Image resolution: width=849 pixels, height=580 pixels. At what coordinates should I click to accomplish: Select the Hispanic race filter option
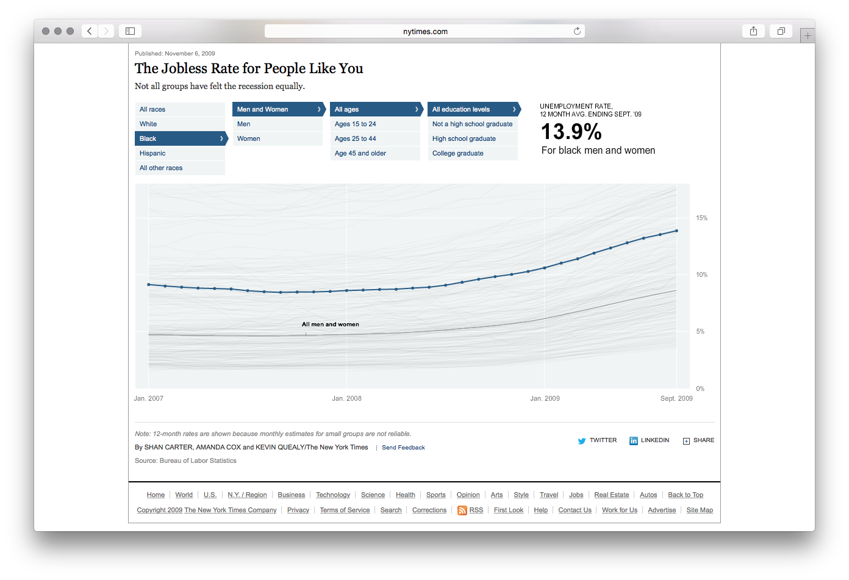(x=152, y=153)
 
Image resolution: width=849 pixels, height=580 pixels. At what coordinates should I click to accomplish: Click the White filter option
(x=148, y=124)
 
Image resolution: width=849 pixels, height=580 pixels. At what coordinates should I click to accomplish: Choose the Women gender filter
(x=249, y=138)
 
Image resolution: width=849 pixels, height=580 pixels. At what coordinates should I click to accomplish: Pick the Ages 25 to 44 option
(x=356, y=138)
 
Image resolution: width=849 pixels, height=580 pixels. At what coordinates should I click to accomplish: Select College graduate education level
(x=458, y=153)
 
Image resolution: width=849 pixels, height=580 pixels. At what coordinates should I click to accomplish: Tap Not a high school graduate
(x=473, y=124)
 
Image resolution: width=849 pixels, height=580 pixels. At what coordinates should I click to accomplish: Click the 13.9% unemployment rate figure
(x=571, y=132)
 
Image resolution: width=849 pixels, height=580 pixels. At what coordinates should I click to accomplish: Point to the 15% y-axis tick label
(x=701, y=218)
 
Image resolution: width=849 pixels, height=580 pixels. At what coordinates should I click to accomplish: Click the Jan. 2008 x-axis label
(x=346, y=398)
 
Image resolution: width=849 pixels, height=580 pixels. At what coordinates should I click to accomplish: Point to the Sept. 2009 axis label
(x=676, y=398)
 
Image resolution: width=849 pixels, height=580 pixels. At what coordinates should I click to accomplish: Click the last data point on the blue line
(x=676, y=231)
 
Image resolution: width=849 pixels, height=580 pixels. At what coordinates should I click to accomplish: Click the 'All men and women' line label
(x=331, y=324)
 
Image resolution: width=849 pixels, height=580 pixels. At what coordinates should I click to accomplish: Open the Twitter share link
(x=598, y=440)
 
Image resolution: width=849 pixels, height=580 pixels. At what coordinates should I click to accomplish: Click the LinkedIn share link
(x=650, y=440)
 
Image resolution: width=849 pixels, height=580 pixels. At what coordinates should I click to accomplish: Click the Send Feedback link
(x=403, y=448)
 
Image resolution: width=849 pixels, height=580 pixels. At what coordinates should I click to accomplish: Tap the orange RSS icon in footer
(x=462, y=510)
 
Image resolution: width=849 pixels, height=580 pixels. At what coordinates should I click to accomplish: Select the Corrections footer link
(x=429, y=510)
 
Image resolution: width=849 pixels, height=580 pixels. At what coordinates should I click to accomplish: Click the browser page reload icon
(x=577, y=31)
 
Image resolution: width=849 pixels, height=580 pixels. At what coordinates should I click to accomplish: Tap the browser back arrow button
(x=90, y=31)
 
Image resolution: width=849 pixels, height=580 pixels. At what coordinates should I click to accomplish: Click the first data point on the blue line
(x=149, y=285)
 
